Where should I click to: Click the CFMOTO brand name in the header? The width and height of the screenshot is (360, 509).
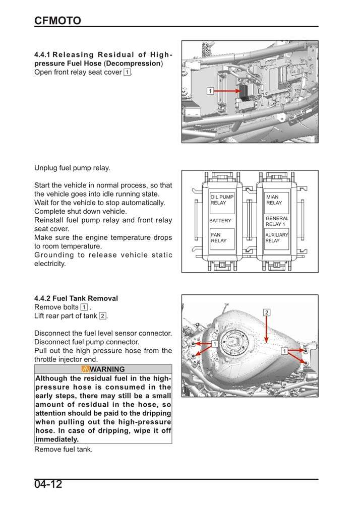pyautogui.click(x=57, y=20)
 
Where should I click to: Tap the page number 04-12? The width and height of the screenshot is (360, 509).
pyautogui.click(x=48, y=485)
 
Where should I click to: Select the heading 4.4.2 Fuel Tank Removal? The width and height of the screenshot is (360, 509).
pyautogui.click(x=76, y=298)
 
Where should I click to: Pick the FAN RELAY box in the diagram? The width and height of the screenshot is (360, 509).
pyautogui.click(x=222, y=238)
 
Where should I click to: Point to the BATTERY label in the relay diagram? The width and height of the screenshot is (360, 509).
pyautogui.click(x=220, y=221)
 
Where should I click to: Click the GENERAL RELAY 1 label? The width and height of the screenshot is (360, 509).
pyautogui.click(x=277, y=221)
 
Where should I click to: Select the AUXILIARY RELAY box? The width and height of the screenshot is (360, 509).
pyautogui.click(x=277, y=238)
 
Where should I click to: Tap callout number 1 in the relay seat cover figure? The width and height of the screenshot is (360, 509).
pyautogui.click(x=210, y=91)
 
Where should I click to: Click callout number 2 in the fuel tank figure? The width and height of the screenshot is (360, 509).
pyautogui.click(x=267, y=312)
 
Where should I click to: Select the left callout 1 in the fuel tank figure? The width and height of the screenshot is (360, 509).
pyautogui.click(x=214, y=343)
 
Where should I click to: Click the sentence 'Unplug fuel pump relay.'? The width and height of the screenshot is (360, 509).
pyautogui.click(x=72, y=168)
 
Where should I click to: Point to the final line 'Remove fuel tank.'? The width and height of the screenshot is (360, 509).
pyautogui.click(x=64, y=449)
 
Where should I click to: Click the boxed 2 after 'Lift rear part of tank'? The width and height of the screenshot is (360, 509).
pyautogui.click(x=102, y=316)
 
